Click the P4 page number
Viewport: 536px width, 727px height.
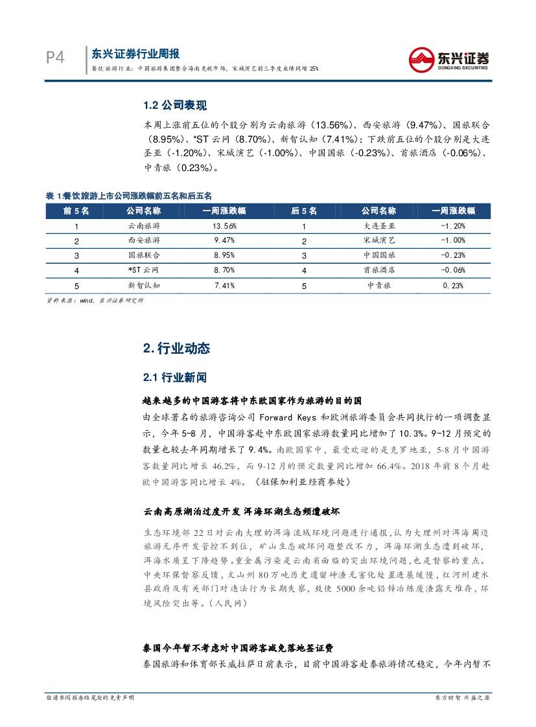(x=55, y=58)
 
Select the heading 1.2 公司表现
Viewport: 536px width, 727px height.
(x=175, y=106)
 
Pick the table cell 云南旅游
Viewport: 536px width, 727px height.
(x=144, y=226)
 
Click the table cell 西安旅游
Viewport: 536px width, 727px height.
(x=144, y=240)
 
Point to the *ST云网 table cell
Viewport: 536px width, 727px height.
(x=144, y=270)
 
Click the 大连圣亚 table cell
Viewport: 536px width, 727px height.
(x=380, y=226)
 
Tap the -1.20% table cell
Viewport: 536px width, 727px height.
(x=453, y=226)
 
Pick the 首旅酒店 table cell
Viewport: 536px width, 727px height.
(x=380, y=270)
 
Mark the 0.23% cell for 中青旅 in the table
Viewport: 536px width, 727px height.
(x=453, y=285)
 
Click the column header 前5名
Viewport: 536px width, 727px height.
(x=76, y=211)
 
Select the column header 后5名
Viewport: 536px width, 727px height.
(x=304, y=211)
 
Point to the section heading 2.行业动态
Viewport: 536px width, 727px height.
(x=176, y=348)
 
